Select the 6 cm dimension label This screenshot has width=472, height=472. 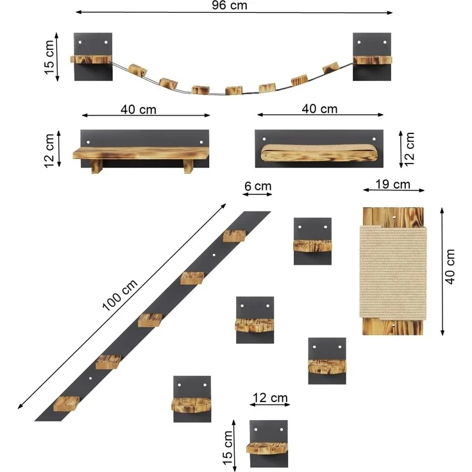[257, 187]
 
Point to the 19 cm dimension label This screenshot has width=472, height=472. [392, 185]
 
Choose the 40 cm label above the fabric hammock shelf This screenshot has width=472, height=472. [319, 109]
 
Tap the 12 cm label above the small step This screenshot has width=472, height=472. [269, 398]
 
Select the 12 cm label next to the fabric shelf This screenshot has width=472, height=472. [409, 149]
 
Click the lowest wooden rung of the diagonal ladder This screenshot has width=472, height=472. [66, 403]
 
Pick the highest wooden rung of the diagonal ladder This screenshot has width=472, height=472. [235, 236]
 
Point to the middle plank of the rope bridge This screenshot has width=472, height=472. [233, 90]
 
